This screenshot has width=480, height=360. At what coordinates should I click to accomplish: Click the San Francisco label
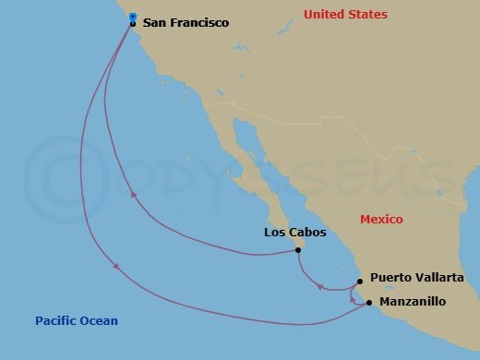point(186,22)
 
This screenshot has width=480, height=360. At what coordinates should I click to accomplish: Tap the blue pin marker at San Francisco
point(133,18)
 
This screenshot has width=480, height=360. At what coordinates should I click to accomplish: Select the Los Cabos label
point(294,233)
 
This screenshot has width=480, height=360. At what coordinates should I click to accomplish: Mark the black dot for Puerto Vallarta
point(360,282)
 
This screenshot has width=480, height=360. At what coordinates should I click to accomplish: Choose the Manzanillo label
point(413,302)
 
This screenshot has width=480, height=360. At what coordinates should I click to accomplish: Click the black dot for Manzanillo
point(368,302)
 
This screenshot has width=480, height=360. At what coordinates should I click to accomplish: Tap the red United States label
point(346,15)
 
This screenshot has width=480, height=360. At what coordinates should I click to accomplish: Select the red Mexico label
point(381,220)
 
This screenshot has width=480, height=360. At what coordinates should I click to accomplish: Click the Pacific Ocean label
point(77,321)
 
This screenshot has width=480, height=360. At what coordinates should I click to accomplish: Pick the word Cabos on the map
point(307,233)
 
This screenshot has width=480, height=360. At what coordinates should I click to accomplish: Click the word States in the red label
point(368,15)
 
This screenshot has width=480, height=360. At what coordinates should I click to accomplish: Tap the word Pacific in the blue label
point(56,321)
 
